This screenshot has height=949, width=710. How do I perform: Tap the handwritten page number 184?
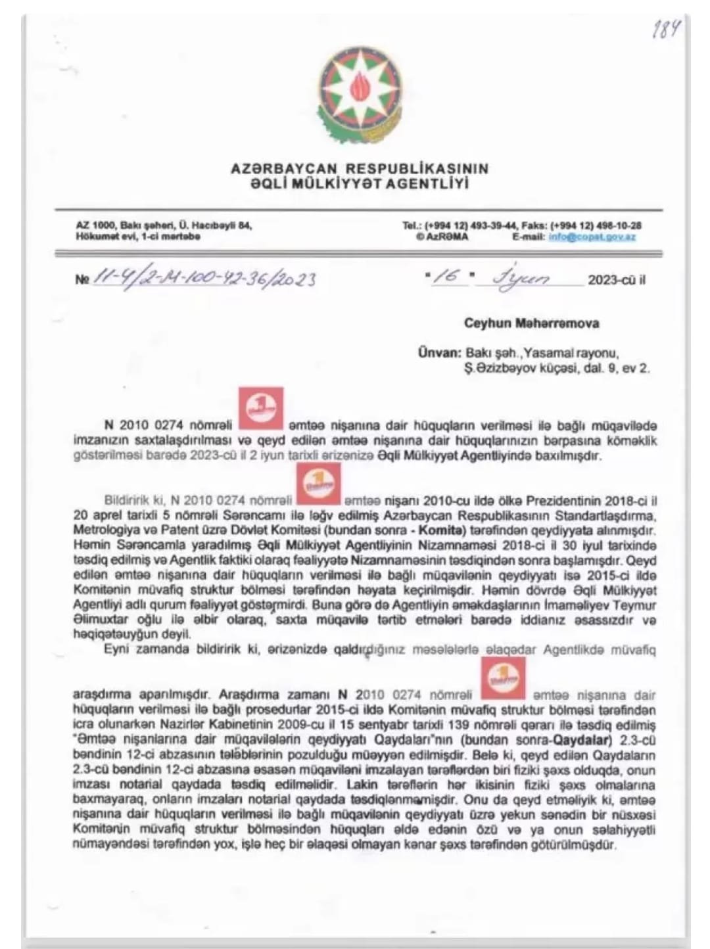665,29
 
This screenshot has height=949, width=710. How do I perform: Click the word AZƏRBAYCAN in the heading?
284,169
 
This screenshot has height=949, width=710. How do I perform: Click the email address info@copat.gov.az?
592,237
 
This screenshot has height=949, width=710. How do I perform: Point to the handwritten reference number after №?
204,279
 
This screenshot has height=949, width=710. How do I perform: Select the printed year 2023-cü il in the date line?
616,280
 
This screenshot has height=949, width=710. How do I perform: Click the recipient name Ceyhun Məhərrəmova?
531,323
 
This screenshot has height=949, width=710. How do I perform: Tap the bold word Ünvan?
440,353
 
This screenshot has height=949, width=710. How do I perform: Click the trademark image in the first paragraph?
260,408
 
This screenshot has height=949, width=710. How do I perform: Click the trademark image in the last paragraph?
503,677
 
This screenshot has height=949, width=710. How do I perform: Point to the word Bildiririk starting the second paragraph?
128,501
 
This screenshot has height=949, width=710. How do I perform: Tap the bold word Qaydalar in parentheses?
579,739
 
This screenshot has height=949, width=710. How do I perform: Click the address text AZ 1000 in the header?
95,225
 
